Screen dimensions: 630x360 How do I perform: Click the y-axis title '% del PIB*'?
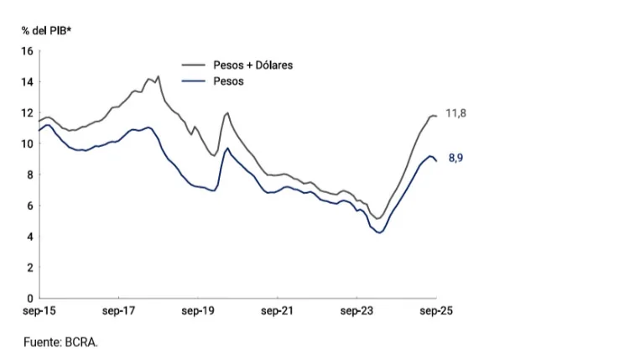[x=46, y=30]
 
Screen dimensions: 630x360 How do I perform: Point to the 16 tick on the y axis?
[x=28, y=51]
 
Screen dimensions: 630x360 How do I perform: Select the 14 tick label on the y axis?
[x=28, y=82]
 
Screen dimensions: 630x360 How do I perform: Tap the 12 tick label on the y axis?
[x=28, y=113]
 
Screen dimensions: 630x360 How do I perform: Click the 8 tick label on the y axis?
[x=30, y=175]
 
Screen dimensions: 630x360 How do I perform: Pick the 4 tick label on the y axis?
[x=30, y=237]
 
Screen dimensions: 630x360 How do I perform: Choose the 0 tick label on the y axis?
[x=30, y=299]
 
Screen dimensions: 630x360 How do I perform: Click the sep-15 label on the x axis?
[x=39, y=311]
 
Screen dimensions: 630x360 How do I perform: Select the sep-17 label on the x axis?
[x=119, y=311]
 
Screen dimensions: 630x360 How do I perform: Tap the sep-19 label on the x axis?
[x=198, y=311]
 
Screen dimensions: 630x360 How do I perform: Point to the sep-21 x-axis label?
[x=277, y=311]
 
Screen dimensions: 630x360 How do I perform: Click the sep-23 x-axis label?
[x=357, y=311]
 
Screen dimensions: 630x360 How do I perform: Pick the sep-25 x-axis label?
[x=436, y=311]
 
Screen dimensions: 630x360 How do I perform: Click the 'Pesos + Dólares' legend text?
[x=253, y=65]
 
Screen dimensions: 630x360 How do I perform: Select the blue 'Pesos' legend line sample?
[x=193, y=81]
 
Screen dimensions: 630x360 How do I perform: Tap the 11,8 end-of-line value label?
[x=456, y=113]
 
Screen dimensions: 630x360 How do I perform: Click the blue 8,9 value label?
[x=456, y=158]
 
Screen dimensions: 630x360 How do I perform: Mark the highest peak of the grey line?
[x=158, y=76]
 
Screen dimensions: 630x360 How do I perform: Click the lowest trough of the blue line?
[x=379, y=232]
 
